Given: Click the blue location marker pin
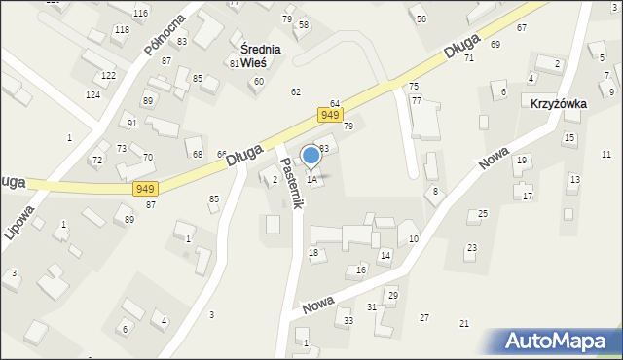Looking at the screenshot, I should [311, 156].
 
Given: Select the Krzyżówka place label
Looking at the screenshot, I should [558, 102].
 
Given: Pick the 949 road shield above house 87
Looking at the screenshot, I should [146, 188].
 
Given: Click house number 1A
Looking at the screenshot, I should [311, 179].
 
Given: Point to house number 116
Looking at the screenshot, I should [141, 13].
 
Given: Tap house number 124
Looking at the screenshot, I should [92, 94].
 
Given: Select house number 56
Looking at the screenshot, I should [421, 19].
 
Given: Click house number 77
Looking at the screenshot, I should [416, 100].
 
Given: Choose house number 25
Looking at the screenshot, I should [483, 213].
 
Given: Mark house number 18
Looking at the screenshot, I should [313, 253].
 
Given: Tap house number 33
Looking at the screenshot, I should [348, 320].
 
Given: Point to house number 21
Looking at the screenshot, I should [464, 323].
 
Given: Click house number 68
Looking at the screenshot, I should [198, 155].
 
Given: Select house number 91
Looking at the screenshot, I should [131, 124].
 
